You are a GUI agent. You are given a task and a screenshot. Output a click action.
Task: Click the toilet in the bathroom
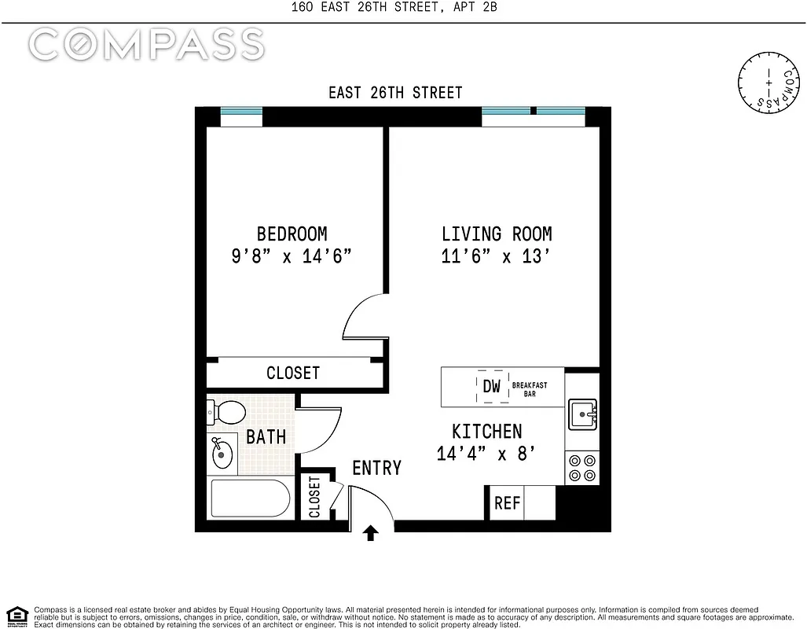click(226, 411)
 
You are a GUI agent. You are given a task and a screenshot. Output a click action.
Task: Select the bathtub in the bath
click(249, 498)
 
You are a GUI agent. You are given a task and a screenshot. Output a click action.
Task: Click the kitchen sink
click(581, 413)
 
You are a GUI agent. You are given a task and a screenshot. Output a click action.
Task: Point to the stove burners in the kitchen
click(581, 468)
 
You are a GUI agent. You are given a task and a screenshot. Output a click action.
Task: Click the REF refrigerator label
click(507, 503)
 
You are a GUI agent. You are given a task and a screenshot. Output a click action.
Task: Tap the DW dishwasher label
click(491, 386)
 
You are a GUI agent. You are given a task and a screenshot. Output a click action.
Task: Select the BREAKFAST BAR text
click(529, 389)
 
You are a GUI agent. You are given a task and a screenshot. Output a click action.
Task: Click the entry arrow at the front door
click(371, 534)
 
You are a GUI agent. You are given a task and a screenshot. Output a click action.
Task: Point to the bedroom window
click(241, 112)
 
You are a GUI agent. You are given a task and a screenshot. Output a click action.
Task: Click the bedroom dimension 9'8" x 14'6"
click(292, 256)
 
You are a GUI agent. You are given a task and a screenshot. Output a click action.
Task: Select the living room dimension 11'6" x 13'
click(496, 256)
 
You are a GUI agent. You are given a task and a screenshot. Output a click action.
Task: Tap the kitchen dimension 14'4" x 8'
click(486, 453)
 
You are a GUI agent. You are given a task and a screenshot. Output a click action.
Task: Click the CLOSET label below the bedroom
click(292, 373)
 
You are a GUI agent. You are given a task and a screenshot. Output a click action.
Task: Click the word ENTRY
click(376, 468)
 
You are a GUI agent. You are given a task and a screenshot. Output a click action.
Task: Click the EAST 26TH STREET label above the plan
click(395, 93)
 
